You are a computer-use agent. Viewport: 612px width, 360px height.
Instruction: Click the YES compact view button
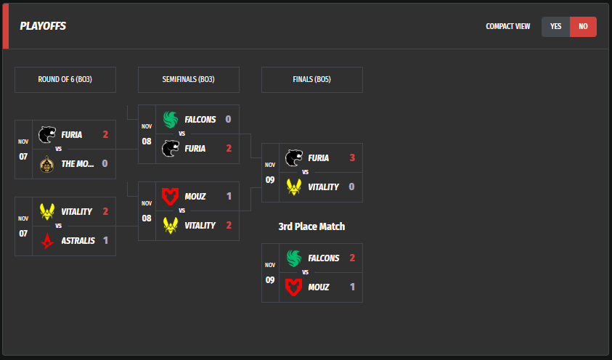(556, 27)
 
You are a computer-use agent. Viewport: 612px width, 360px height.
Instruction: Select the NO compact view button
(583, 27)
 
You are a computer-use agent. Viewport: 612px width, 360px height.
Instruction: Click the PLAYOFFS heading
(43, 26)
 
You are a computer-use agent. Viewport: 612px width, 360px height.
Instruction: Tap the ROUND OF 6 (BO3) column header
(65, 80)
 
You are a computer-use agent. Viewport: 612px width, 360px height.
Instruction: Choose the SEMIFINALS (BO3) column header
(189, 80)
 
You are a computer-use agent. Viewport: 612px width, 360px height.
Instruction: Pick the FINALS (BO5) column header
(312, 80)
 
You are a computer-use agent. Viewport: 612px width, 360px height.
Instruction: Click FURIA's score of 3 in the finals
(351, 157)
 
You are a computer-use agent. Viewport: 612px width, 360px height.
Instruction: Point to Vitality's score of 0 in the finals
(351, 187)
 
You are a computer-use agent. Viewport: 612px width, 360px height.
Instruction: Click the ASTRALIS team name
(78, 240)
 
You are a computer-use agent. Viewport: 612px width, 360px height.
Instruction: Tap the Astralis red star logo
(47, 240)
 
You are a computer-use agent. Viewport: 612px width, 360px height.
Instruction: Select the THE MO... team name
(78, 163)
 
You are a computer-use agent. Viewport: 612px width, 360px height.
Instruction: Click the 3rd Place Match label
(311, 226)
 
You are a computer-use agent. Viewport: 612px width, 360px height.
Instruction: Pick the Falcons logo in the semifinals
(171, 119)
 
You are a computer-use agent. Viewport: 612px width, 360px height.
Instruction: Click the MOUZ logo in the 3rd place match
(294, 287)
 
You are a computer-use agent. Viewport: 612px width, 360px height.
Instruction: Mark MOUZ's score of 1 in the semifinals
(228, 196)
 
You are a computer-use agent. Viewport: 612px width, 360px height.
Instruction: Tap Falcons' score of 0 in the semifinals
(228, 119)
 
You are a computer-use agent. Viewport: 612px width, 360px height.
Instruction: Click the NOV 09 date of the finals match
(270, 173)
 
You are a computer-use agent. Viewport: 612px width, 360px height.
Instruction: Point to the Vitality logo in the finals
(294, 187)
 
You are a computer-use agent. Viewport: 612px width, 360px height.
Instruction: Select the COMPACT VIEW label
(508, 27)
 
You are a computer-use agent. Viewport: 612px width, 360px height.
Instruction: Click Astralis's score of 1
(105, 240)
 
